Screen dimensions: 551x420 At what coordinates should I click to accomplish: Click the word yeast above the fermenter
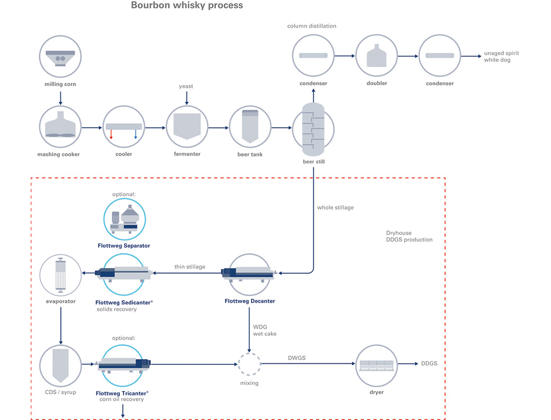point(186,86)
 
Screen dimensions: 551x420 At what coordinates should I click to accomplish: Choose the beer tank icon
point(250,127)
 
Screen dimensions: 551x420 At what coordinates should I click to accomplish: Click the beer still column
point(313,129)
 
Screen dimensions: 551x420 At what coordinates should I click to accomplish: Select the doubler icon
point(377,56)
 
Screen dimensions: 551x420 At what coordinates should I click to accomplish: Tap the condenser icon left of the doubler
point(313,56)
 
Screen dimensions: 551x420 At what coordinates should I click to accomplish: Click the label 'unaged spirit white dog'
point(502,57)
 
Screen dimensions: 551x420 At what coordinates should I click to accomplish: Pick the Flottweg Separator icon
point(125,219)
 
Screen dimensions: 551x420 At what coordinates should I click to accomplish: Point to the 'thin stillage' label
point(190,266)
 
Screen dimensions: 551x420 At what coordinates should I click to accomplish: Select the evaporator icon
point(60,275)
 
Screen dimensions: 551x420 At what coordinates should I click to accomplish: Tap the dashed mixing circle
point(249,364)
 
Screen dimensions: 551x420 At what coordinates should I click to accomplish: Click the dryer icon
point(377,365)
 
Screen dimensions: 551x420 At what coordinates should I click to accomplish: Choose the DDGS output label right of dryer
point(429,363)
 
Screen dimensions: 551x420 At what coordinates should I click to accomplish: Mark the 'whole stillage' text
point(335,208)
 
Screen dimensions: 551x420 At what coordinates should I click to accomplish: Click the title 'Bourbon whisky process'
point(187,5)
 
